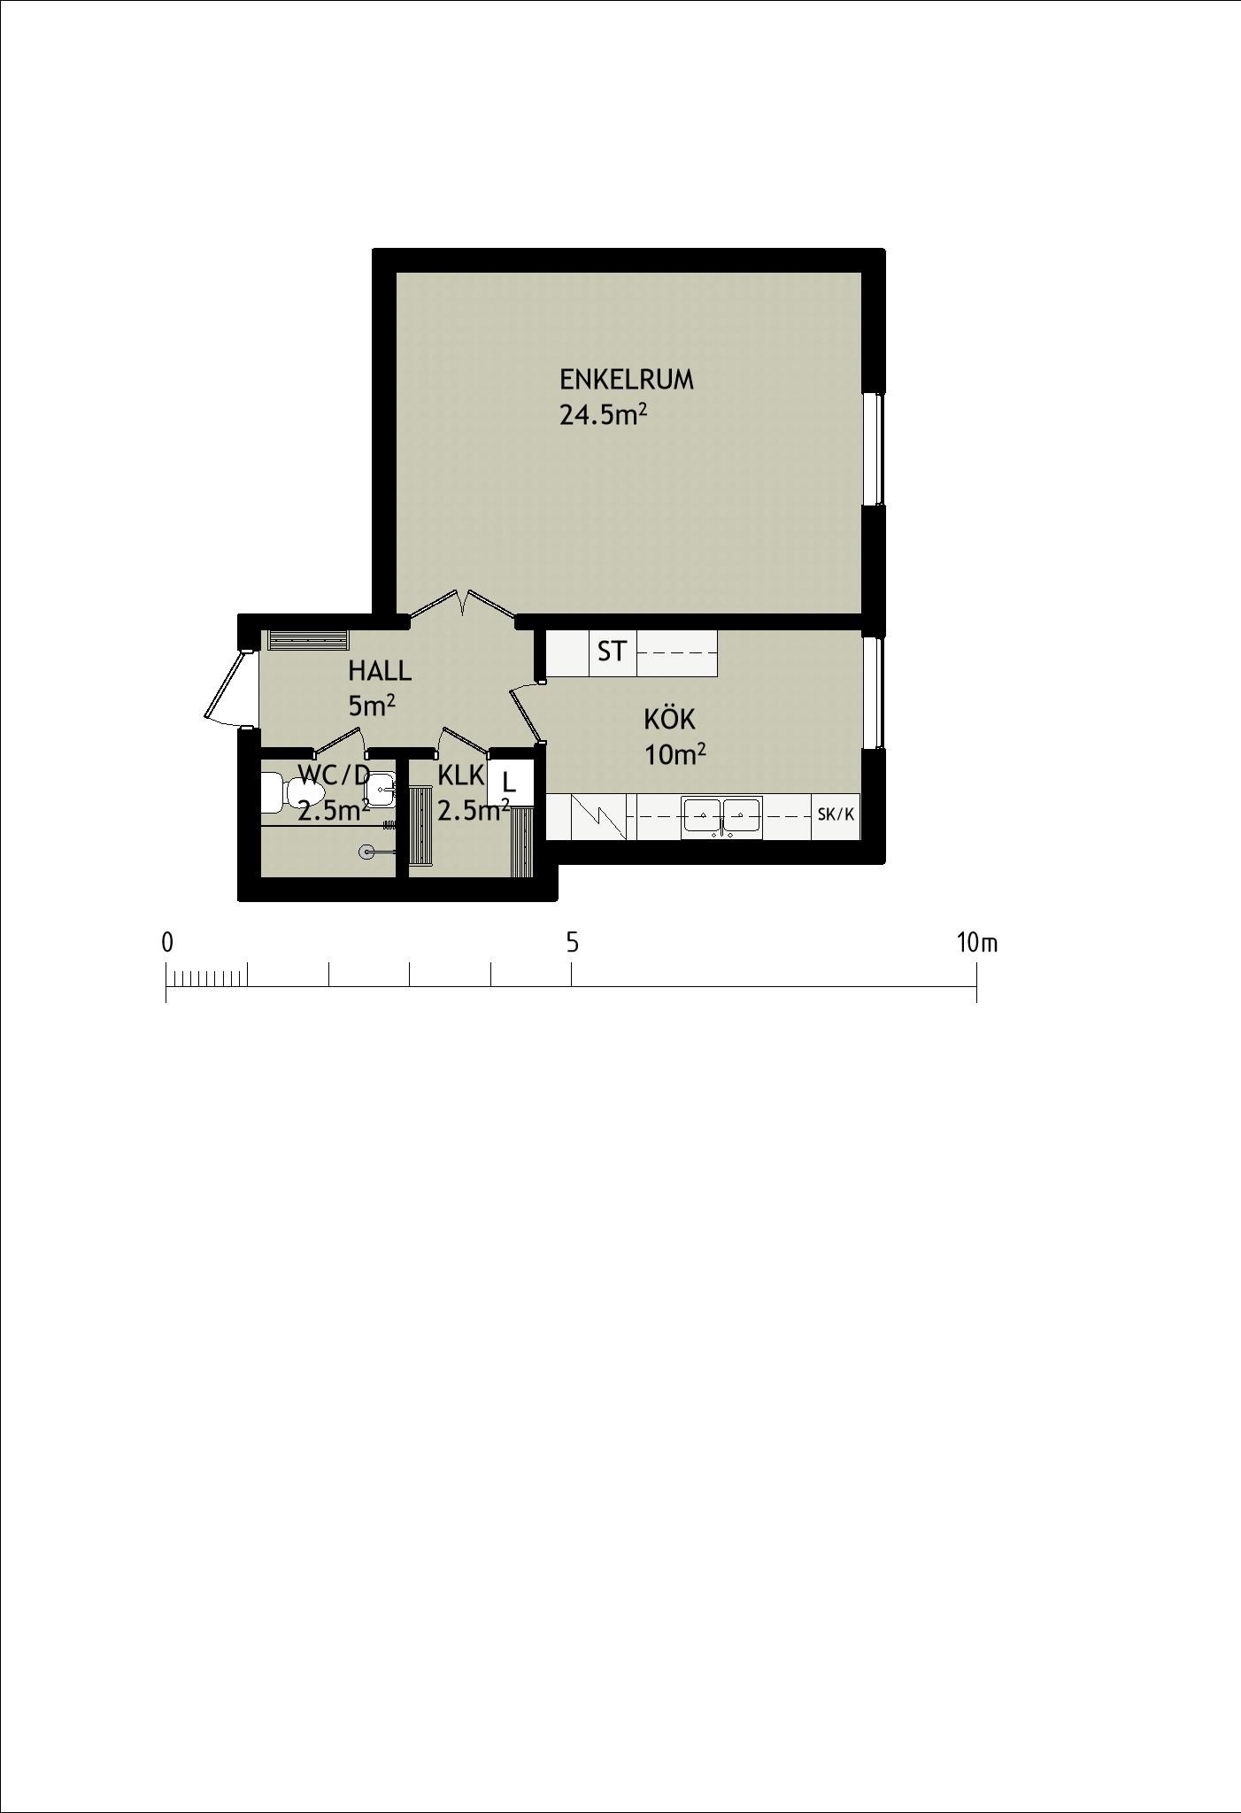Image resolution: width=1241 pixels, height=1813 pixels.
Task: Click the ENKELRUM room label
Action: click(x=626, y=380)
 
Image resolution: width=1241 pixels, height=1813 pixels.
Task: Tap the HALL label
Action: click(x=380, y=671)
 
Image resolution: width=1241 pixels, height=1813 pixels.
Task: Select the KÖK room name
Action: click(x=669, y=718)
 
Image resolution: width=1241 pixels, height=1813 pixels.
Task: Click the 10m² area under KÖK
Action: click(x=675, y=754)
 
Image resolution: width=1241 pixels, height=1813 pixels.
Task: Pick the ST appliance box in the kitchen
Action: click(x=613, y=652)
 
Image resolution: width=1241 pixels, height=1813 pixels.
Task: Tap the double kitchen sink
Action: click(x=721, y=817)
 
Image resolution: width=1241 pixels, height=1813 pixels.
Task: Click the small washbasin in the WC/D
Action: click(x=382, y=787)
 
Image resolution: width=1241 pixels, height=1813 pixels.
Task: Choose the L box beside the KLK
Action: click(x=511, y=783)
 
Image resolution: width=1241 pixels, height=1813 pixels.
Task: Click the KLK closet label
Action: click(x=461, y=775)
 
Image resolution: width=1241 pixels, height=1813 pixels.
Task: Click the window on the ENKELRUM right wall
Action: click(x=875, y=449)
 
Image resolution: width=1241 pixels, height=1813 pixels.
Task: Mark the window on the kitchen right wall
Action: click(x=875, y=692)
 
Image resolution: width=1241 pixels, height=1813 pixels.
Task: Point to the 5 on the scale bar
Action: click(x=573, y=944)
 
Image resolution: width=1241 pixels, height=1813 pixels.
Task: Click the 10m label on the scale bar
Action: click(x=976, y=944)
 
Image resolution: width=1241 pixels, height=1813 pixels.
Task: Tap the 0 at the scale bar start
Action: click(x=167, y=944)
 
